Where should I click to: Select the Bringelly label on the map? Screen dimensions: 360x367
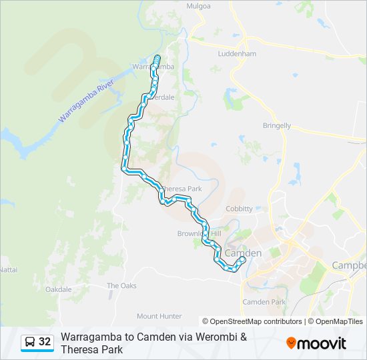276,125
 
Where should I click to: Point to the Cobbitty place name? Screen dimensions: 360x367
239,209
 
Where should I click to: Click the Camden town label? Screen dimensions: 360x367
243,253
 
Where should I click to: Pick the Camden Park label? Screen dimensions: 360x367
264,302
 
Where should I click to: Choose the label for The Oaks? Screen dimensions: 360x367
121,285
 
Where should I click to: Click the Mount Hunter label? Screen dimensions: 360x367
159,316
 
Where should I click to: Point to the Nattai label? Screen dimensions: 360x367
8,269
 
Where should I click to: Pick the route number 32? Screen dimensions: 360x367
45,342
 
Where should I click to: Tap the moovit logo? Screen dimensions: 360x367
316,343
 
